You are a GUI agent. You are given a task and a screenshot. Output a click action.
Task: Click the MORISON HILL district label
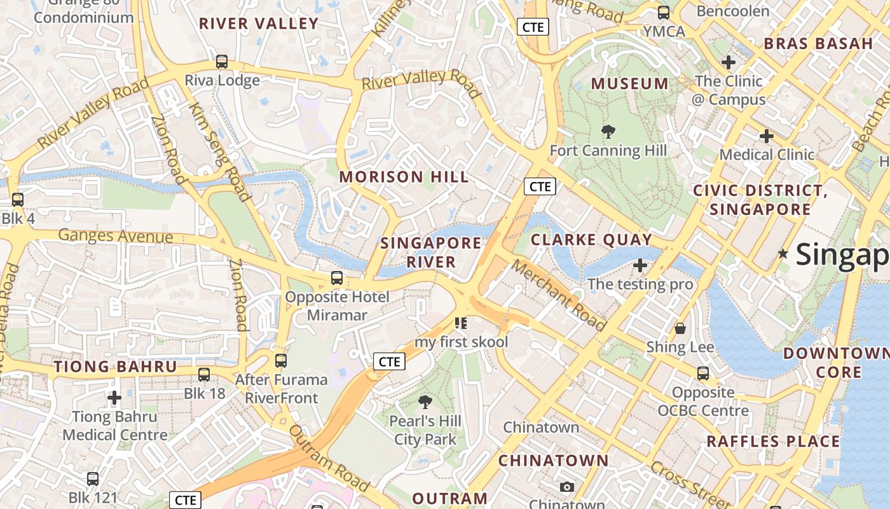pyautogui.click(x=404, y=177)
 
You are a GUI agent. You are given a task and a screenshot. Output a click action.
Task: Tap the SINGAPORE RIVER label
pyautogui.click(x=431, y=252)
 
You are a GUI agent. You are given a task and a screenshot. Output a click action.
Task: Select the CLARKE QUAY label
pyautogui.click(x=591, y=240)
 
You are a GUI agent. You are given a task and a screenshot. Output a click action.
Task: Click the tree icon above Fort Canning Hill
pyautogui.click(x=608, y=132)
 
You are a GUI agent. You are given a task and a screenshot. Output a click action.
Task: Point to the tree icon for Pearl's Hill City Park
pyautogui.click(x=425, y=402)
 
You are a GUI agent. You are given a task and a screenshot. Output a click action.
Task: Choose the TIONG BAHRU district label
pyautogui.click(x=115, y=366)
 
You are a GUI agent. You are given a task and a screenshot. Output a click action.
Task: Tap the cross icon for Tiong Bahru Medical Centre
pyautogui.click(x=114, y=398)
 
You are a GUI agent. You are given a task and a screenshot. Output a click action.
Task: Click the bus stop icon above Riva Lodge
pyautogui.click(x=222, y=62)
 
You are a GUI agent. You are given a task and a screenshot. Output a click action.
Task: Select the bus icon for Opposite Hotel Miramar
pyautogui.click(x=337, y=278)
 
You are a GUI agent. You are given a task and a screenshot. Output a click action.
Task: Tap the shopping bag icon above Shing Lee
pyautogui.click(x=680, y=328)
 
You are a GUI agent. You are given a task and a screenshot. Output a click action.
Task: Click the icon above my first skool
pyautogui.click(x=462, y=323)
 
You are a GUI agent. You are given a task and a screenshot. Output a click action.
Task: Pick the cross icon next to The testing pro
pyautogui.click(x=640, y=265)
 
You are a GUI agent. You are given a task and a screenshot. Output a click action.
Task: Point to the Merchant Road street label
pyautogui.click(x=559, y=295)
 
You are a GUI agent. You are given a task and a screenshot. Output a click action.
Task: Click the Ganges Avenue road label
pyautogui.click(x=115, y=236)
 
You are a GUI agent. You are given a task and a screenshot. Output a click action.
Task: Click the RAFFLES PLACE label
pyautogui.click(x=773, y=441)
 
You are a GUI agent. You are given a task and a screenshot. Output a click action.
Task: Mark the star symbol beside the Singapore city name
pyautogui.click(x=783, y=254)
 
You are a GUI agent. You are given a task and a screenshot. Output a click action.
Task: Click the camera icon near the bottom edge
pyautogui.click(x=567, y=487)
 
